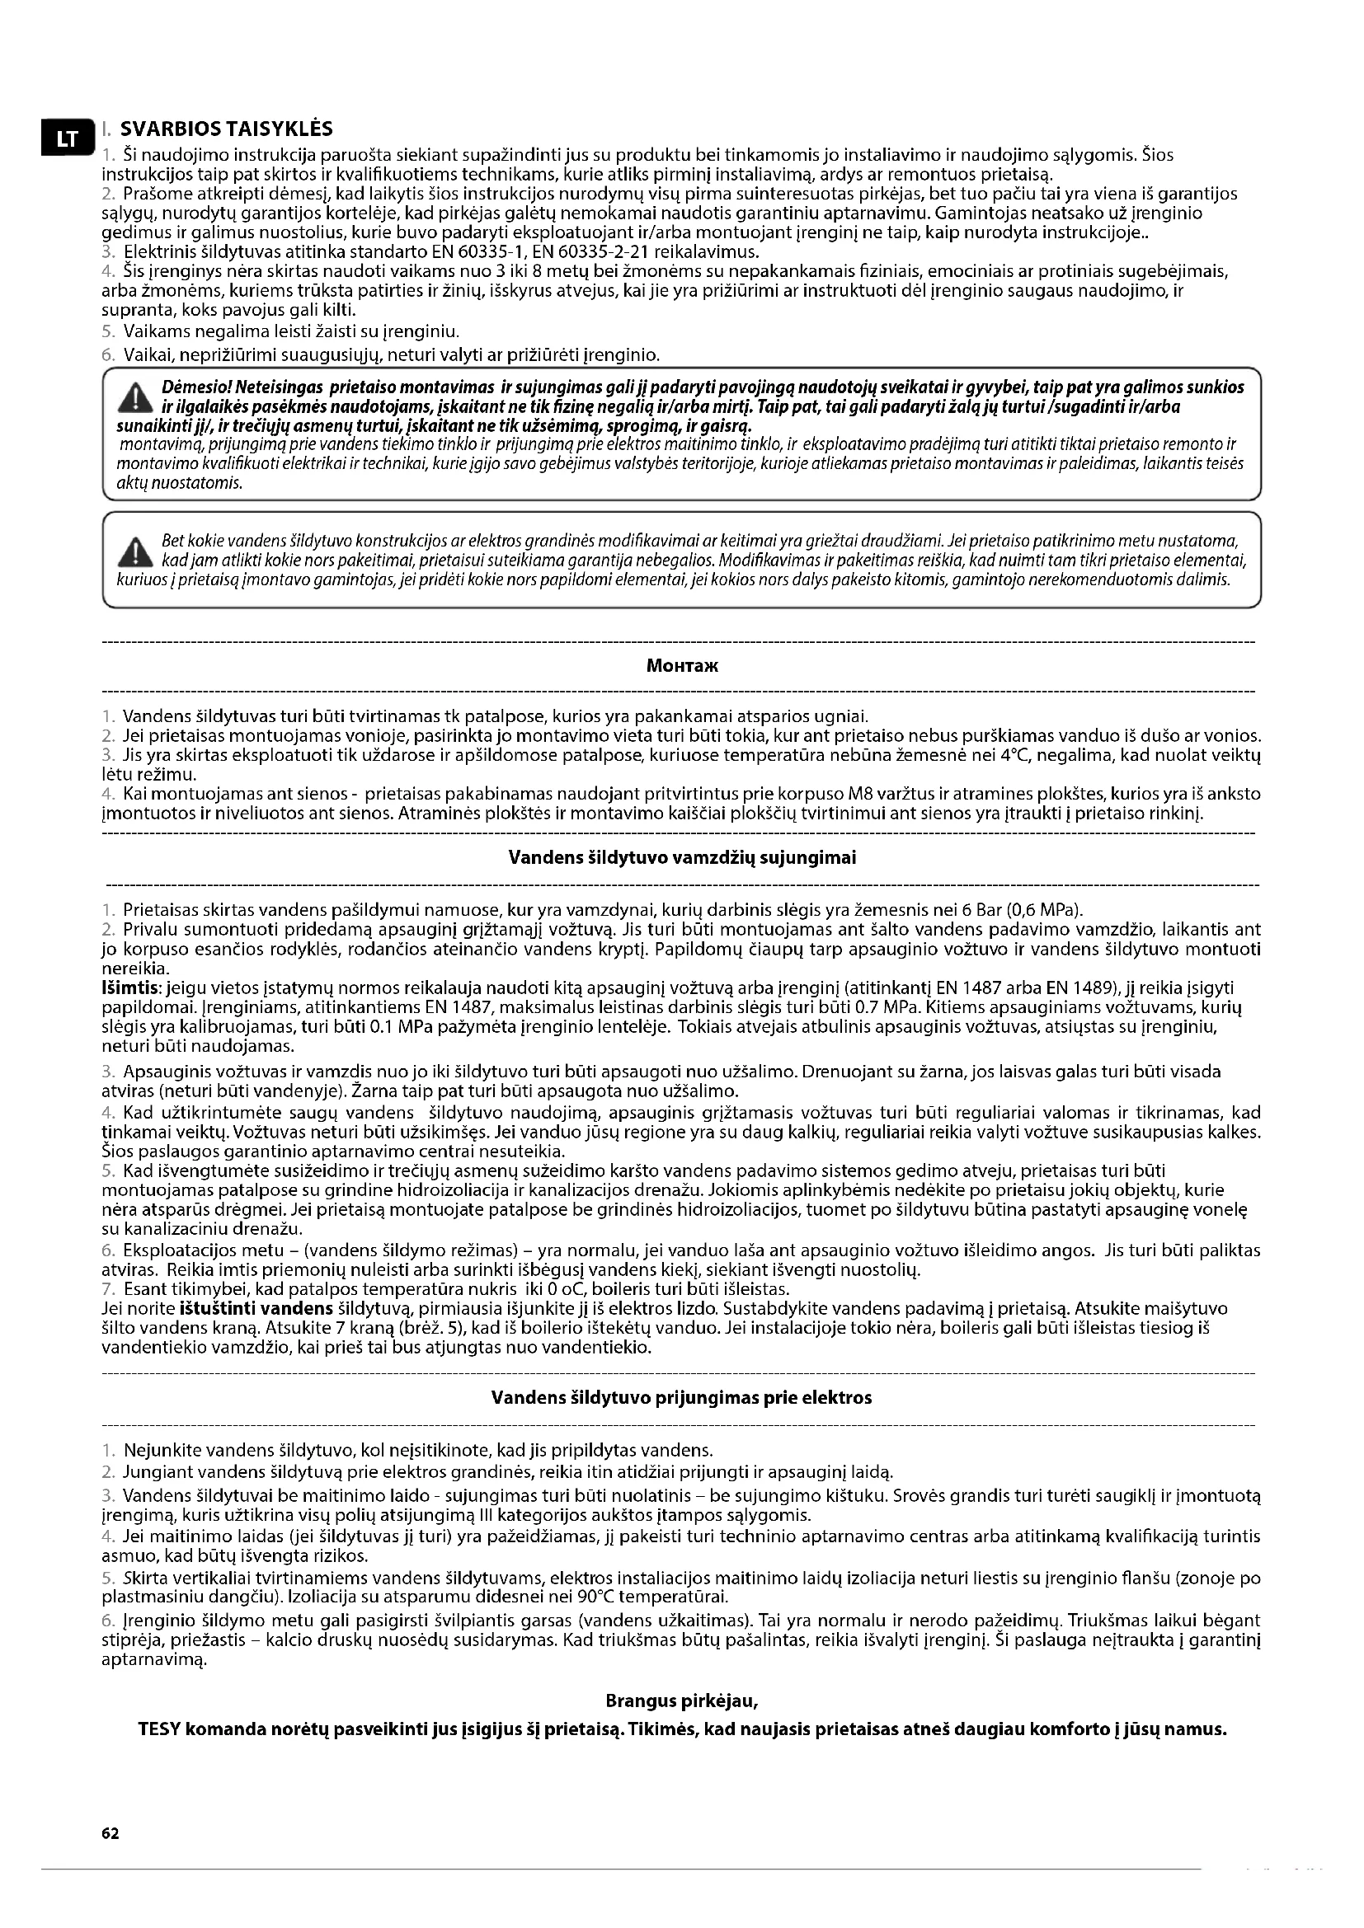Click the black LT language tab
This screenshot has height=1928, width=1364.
(64, 139)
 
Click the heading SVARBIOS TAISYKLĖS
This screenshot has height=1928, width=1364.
(226, 129)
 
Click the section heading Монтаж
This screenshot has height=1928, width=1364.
(682, 666)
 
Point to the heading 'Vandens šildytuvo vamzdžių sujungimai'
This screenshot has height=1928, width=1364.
(682, 858)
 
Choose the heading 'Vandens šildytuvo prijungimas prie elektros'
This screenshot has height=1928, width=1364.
(681, 1398)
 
